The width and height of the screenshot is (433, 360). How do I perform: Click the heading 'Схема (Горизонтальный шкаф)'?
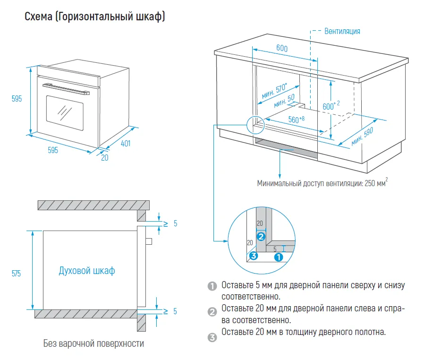[94, 17]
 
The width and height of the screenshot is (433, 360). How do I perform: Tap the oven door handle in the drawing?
[66, 88]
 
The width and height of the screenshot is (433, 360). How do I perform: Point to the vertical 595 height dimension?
[17, 99]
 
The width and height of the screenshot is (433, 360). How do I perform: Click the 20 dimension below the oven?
[104, 158]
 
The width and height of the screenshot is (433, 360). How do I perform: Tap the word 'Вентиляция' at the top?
[342, 31]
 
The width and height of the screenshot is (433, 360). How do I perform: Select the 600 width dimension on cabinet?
[282, 49]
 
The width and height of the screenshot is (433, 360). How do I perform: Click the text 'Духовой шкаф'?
[86, 271]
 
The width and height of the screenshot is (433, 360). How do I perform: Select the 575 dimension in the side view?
[16, 273]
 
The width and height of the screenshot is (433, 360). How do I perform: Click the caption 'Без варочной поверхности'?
[93, 343]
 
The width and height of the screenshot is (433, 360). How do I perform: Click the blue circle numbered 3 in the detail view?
[254, 257]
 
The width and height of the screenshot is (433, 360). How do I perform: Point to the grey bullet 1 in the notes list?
[212, 286]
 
